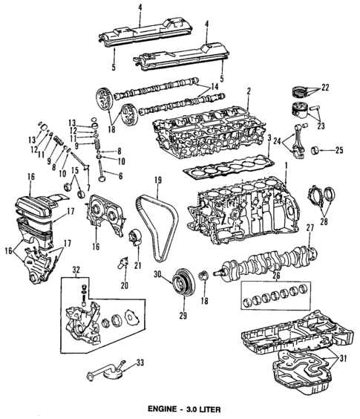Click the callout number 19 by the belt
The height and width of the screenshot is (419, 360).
(x=157, y=181)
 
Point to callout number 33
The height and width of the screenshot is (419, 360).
(x=138, y=363)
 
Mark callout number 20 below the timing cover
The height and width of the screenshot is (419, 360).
(x=123, y=284)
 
